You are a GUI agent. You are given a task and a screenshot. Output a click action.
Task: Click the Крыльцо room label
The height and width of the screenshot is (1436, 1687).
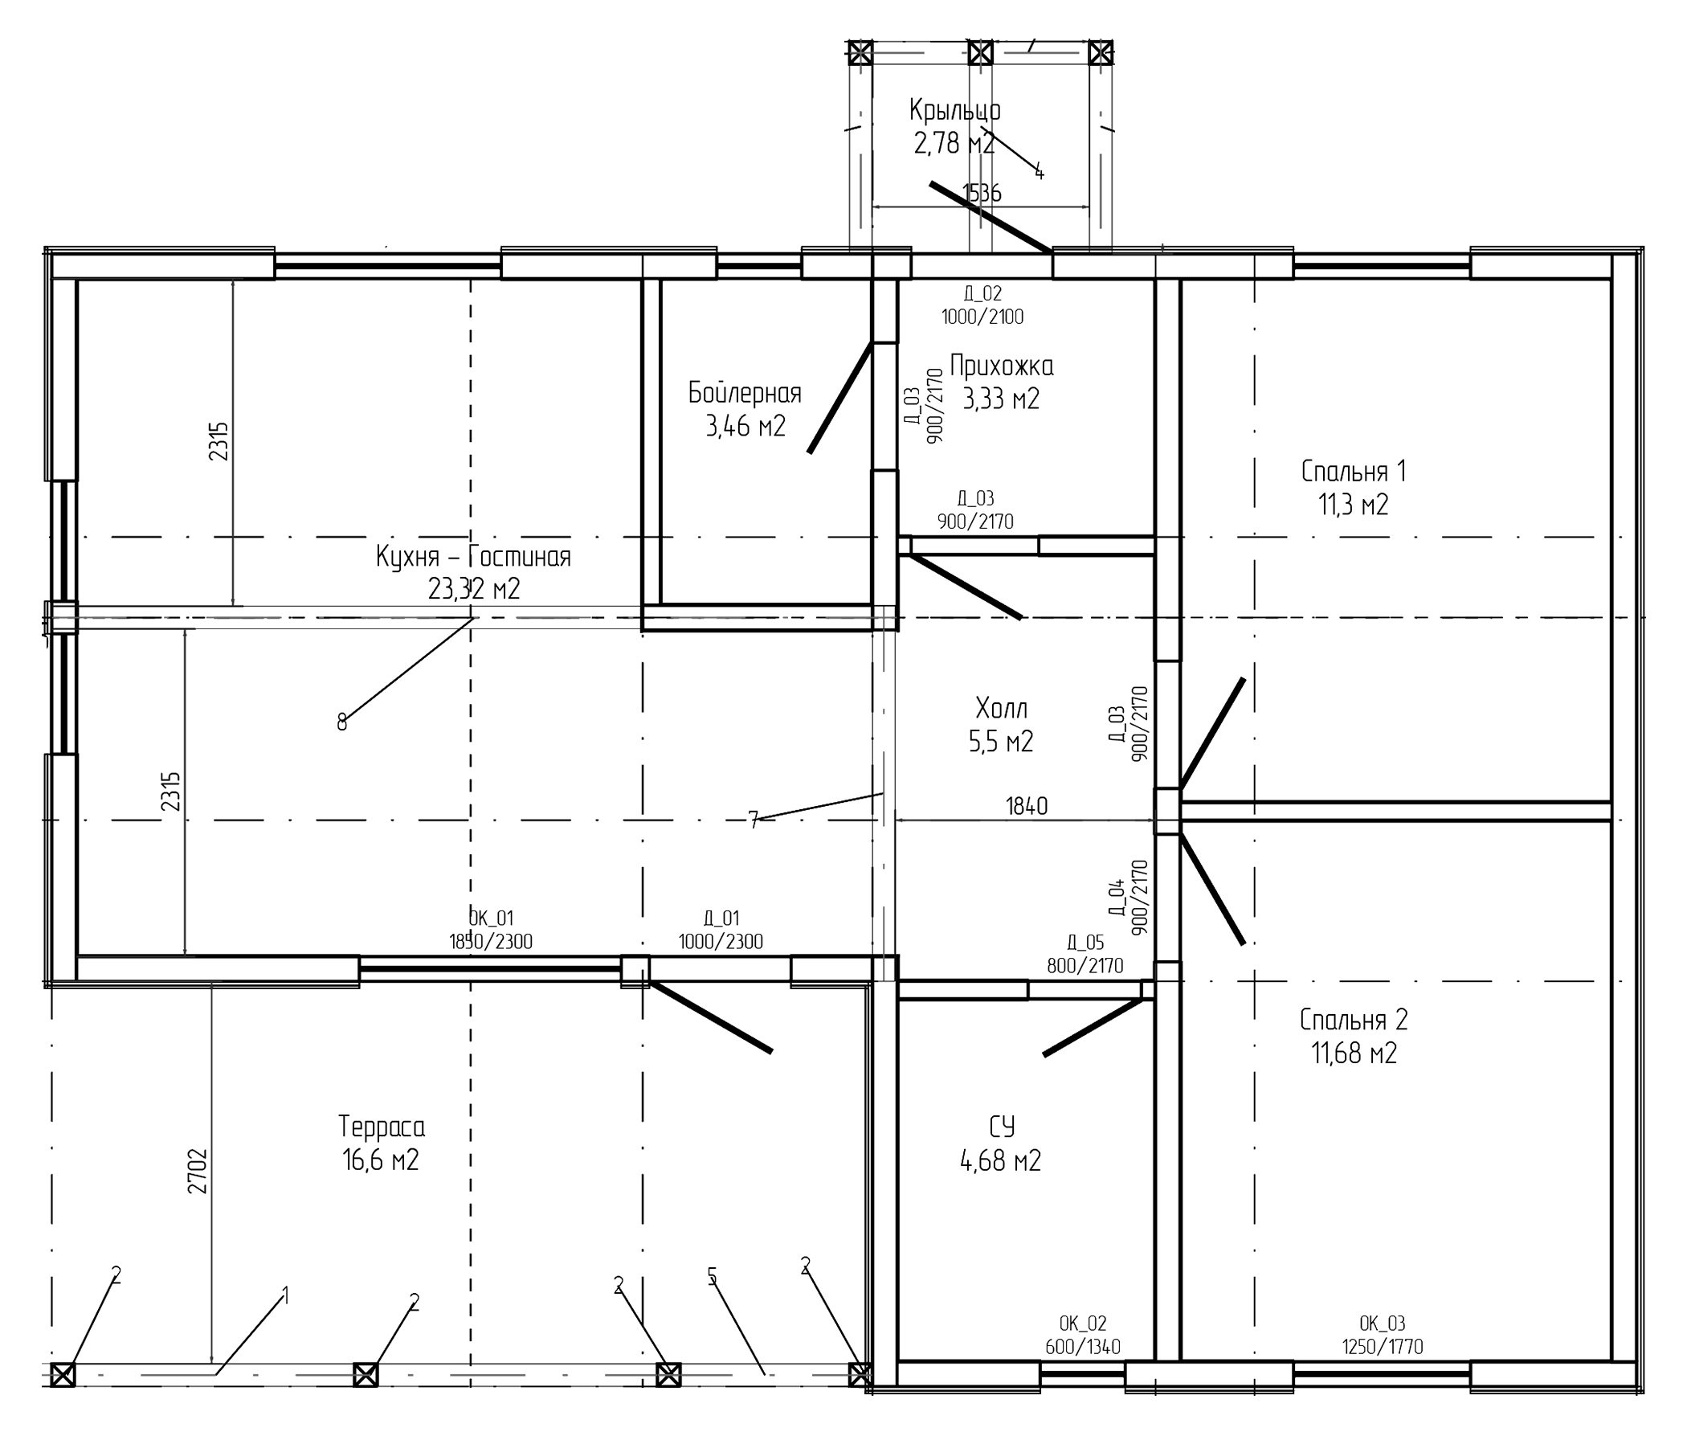point(954,110)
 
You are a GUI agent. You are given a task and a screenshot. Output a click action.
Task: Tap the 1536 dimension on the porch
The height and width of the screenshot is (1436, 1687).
point(982,194)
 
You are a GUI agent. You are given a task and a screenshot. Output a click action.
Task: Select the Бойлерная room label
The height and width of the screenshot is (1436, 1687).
point(744,393)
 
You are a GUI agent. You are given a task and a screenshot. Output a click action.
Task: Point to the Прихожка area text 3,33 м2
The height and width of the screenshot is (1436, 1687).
point(1000,399)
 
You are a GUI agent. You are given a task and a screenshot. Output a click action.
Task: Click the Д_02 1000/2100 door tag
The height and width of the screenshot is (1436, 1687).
point(982,305)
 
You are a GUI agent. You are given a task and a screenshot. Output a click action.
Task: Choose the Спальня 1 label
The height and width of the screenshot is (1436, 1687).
point(1353,472)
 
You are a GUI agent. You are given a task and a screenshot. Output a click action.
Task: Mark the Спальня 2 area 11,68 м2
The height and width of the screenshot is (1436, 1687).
point(1354,1053)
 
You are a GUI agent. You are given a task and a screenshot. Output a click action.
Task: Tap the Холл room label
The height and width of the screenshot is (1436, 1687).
point(1001,708)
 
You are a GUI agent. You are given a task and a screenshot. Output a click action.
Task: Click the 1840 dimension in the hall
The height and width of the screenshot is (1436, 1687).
point(1026,807)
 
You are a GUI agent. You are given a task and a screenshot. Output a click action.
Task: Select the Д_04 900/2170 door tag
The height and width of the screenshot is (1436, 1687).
point(1127,897)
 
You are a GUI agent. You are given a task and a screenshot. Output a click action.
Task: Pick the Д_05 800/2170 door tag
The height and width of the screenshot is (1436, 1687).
point(1084,954)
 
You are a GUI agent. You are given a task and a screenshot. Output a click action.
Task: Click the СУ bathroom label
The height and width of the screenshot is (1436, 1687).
point(1001,1127)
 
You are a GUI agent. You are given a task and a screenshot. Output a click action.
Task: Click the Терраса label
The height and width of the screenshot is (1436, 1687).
point(381,1127)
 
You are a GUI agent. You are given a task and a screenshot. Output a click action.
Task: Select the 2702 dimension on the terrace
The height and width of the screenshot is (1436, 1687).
point(198,1171)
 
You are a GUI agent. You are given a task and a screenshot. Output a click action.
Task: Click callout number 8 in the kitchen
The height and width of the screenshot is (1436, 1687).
point(341,722)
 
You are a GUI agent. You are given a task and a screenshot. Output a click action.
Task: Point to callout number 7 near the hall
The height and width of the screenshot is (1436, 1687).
point(753,820)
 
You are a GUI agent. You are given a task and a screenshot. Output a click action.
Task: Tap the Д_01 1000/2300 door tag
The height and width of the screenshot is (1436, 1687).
point(721,931)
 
